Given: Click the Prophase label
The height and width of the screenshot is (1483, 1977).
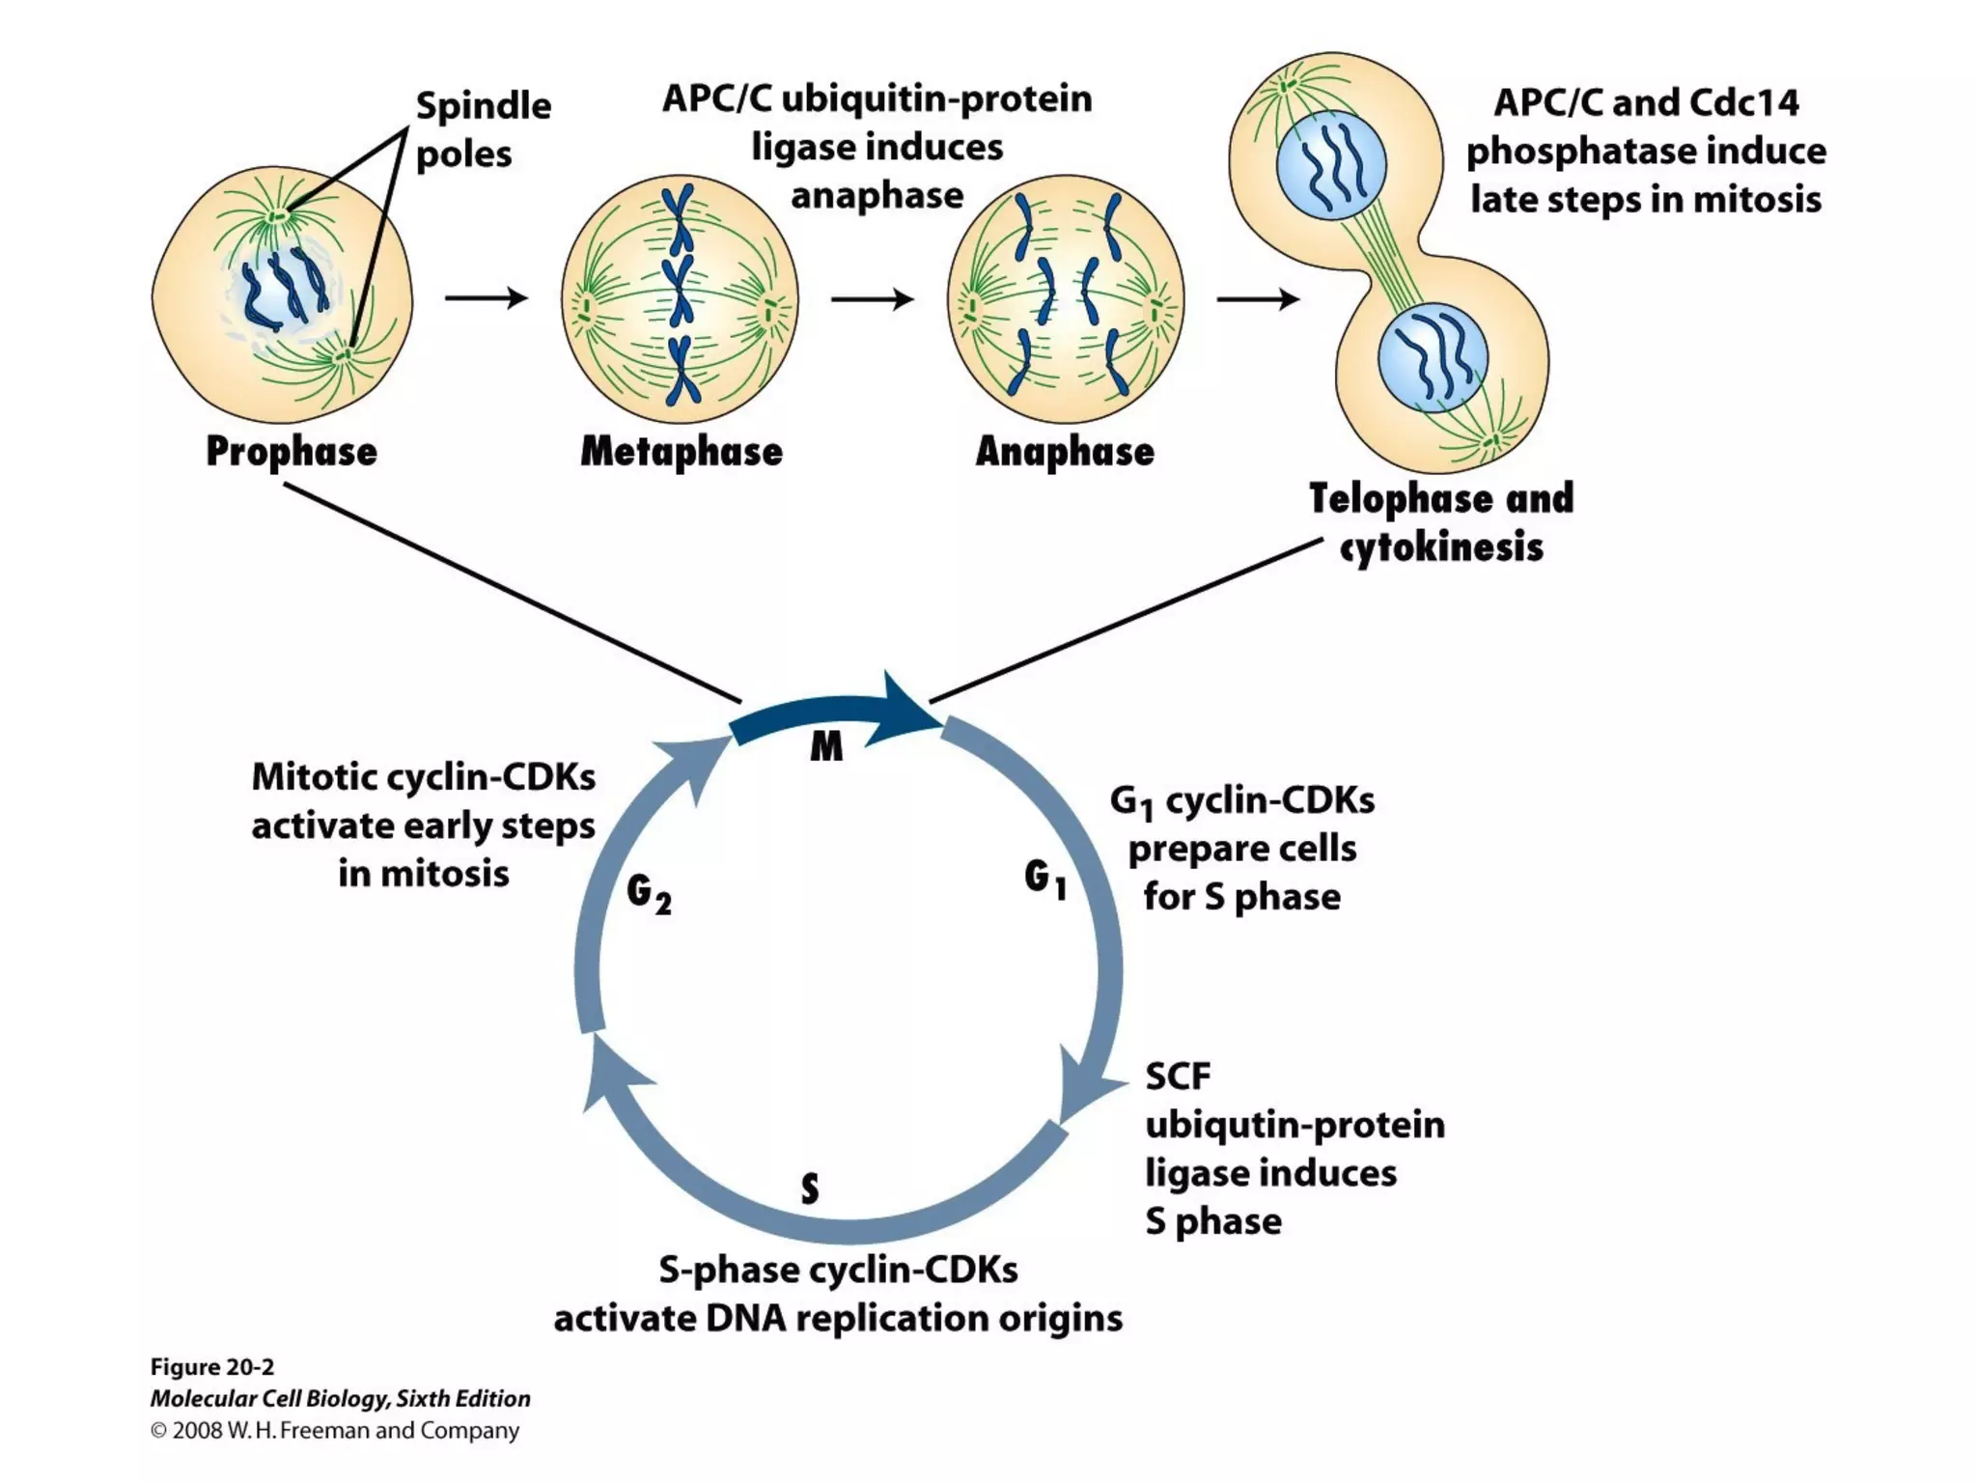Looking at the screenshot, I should click(292, 452).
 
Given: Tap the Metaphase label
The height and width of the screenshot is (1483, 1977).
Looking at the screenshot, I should click(682, 452).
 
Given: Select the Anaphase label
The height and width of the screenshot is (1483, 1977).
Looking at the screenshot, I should click(1065, 452).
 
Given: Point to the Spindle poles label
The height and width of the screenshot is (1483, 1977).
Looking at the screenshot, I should click(483, 129).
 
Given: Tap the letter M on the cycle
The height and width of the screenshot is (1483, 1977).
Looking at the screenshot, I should click(826, 746).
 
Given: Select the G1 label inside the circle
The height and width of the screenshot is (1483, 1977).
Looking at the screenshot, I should click(1045, 879).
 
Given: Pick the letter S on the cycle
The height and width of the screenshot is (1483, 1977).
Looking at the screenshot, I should click(810, 1189).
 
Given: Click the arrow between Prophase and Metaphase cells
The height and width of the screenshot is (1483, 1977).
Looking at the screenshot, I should click(486, 298).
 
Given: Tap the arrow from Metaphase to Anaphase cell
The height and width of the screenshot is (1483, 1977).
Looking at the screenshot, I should click(872, 299).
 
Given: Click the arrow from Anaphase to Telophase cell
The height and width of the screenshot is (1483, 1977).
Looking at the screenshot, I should click(1257, 299).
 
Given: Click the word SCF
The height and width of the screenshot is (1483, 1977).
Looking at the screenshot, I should click(1178, 1077).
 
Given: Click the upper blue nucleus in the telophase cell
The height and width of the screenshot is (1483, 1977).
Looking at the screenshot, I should click(1331, 165).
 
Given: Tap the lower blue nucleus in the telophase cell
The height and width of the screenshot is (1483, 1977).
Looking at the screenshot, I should click(1433, 357).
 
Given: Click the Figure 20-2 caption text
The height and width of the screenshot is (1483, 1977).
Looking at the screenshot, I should click(212, 1367).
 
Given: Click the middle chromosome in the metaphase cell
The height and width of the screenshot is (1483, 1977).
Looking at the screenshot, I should click(682, 288).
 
